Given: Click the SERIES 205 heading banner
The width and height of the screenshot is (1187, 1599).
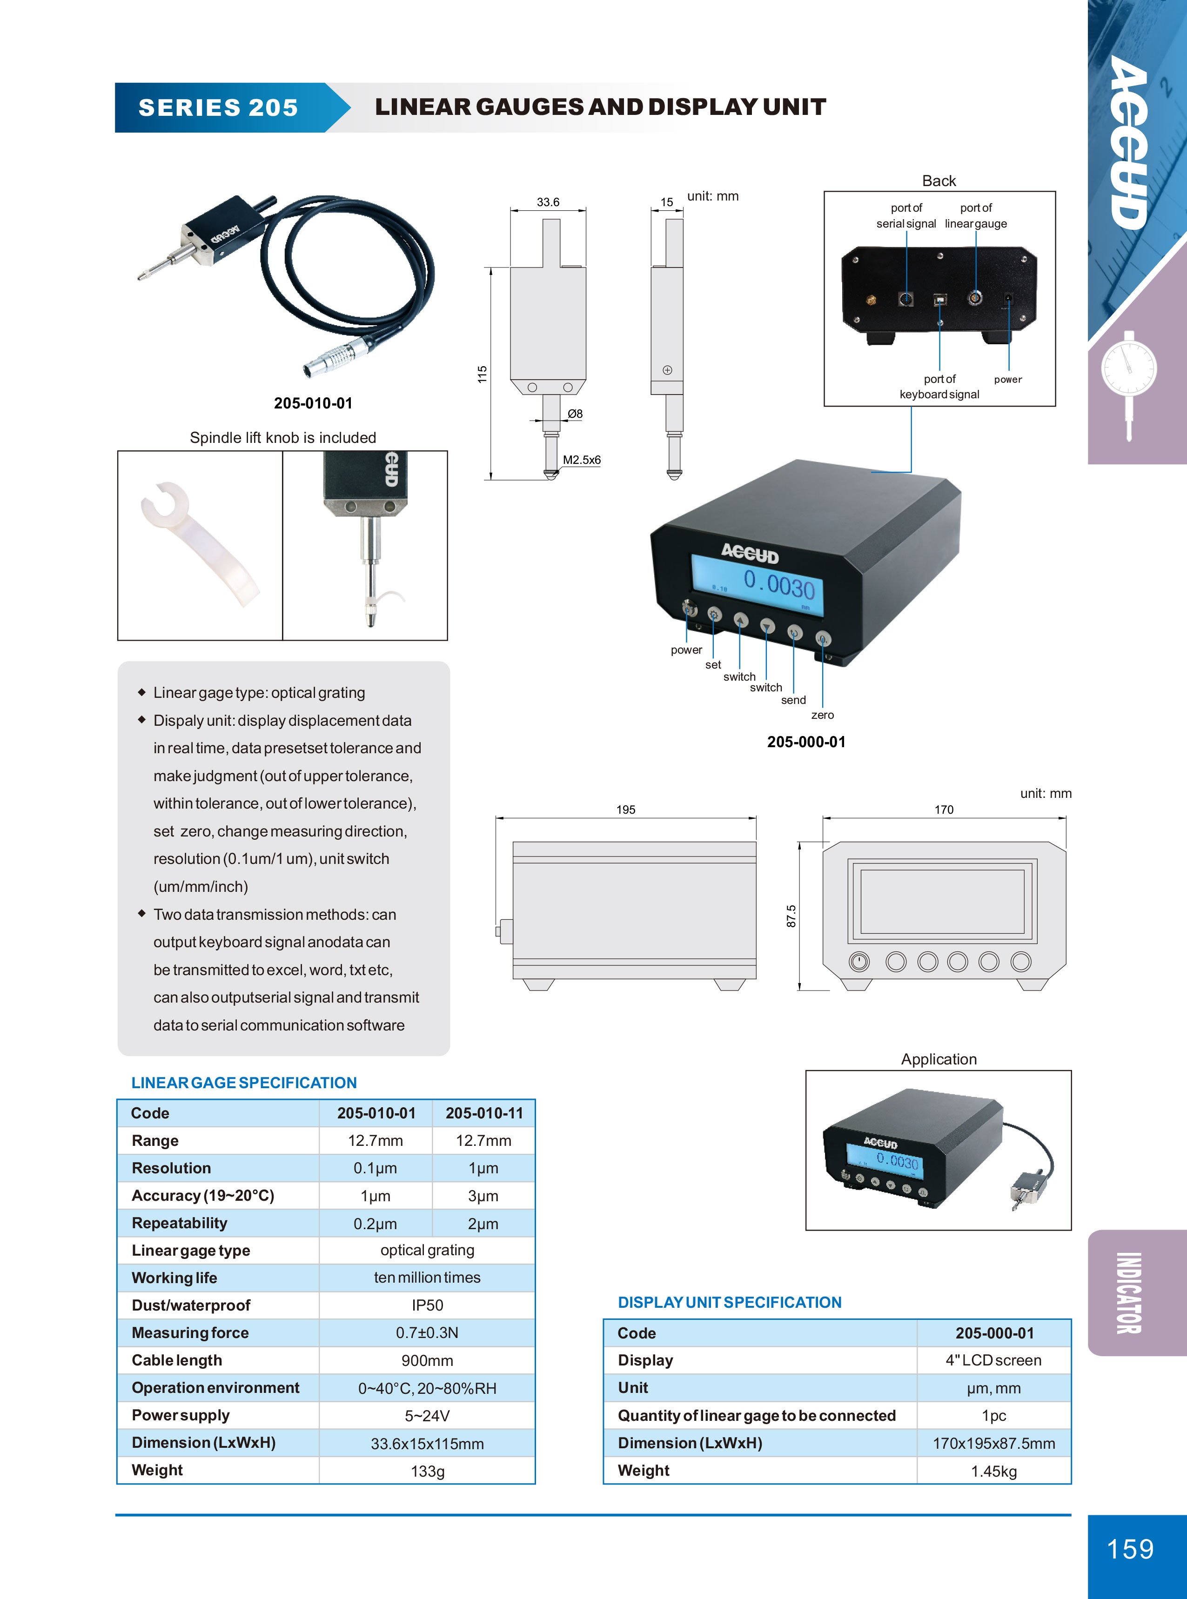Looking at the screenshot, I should [218, 108].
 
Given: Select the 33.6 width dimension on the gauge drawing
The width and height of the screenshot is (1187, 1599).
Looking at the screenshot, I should [548, 202].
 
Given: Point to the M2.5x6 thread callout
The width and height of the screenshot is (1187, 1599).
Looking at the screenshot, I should [581, 460].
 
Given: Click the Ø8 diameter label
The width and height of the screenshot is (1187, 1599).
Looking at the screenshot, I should [575, 414].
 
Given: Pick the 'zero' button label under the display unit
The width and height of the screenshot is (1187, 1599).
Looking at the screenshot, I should [822, 715].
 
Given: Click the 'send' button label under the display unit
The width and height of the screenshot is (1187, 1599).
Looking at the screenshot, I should [793, 700].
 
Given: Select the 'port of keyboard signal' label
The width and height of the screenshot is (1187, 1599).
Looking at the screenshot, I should [939, 387].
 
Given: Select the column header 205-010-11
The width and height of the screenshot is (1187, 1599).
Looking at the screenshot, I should [483, 1113].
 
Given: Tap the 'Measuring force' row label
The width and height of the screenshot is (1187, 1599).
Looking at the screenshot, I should [190, 1332].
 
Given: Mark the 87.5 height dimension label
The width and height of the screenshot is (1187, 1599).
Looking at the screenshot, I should [791, 916].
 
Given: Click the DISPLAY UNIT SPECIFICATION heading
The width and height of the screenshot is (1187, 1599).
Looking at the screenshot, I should [729, 1302].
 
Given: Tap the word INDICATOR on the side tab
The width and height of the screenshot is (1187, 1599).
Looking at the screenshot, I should [1129, 1293].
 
